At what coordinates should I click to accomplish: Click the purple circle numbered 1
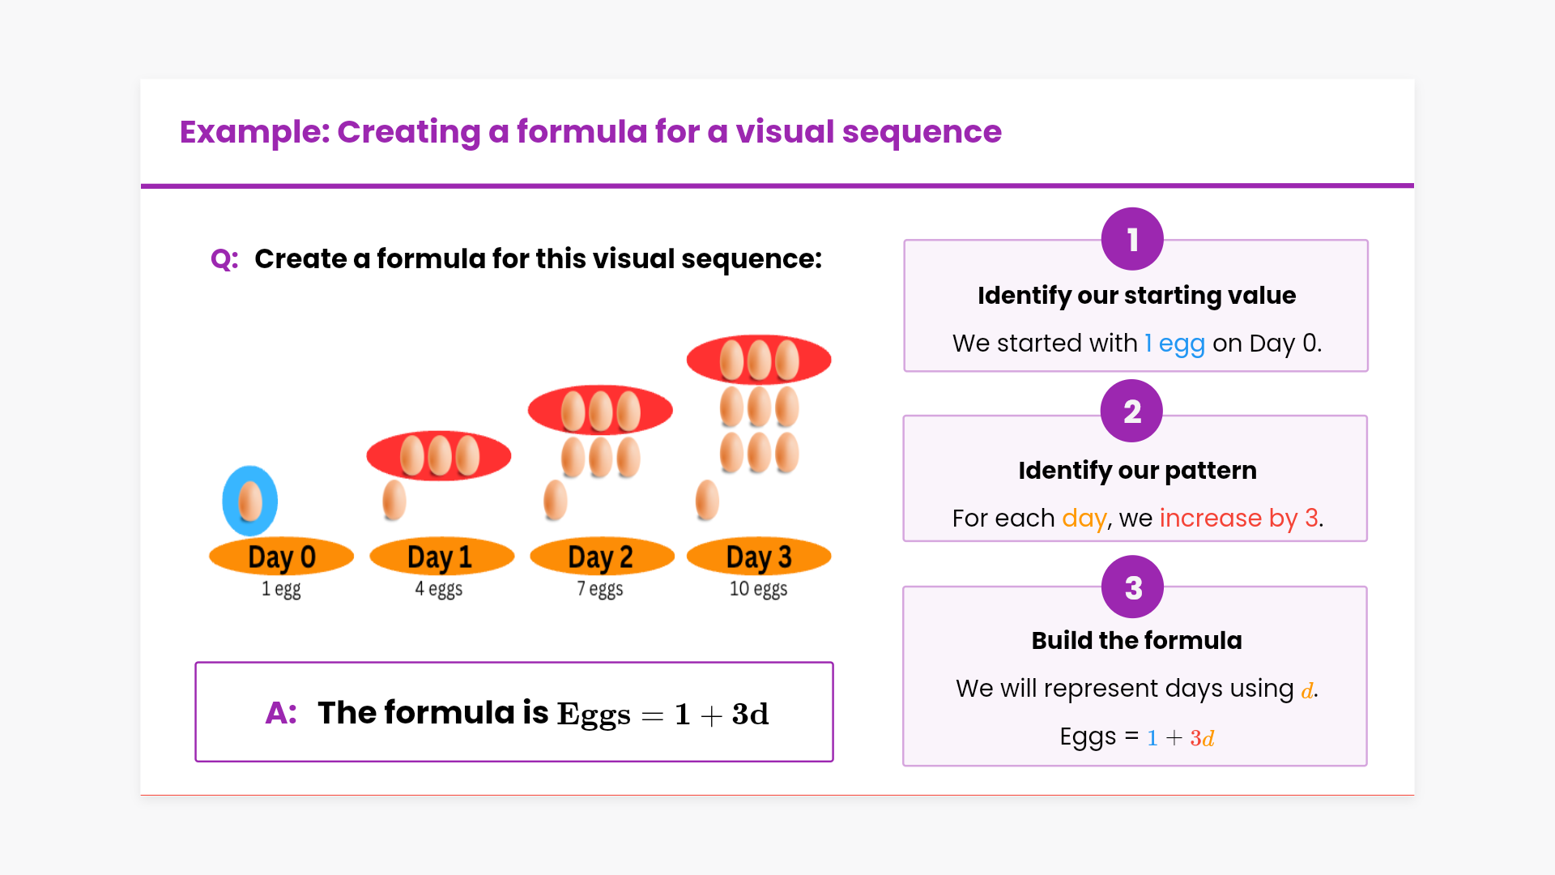pyautogui.click(x=1132, y=239)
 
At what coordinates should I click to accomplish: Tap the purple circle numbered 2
pyautogui.click(x=1131, y=411)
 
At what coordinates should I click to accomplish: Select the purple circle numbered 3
pyautogui.click(x=1132, y=587)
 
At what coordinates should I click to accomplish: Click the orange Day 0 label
pyautogui.click(x=281, y=557)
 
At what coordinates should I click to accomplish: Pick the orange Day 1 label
pyautogui.click(x=441, y=557)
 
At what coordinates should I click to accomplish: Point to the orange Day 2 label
pyautogui.click(x=602, y=557)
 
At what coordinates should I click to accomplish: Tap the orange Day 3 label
pyautogui.click(x=759, y=557)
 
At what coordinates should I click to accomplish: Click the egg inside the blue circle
pyautogui.click(x=250, y=501)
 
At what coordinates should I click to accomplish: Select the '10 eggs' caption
pyautogui.click(x=758, y=589)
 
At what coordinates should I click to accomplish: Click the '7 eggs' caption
pyautogui.click(x=600, y=589)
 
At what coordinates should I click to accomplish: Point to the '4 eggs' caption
pyautogui.click(x=439, y=589)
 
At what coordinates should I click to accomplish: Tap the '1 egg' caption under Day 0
pyautogui.click(x=281, y=589)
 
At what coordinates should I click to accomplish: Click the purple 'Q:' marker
pyautogui.click(x=224, y=259)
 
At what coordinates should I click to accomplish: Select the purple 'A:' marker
pyautogui.click(x=281, y=713)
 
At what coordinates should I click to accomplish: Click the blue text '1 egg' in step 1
pyautogui.click(x=1174, y=344)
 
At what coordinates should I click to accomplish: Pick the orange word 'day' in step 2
pyautogui.click(x=1084, y=519)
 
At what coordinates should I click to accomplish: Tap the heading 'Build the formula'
pyautogui.click(x=1136, y=641)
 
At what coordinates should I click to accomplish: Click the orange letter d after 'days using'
pyautogui.click(x=1307, y=690)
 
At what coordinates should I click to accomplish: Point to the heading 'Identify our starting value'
pyautogui.click(x=1136, y=296)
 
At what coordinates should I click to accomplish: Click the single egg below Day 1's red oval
pyautogui.click(x=394, y=500)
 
